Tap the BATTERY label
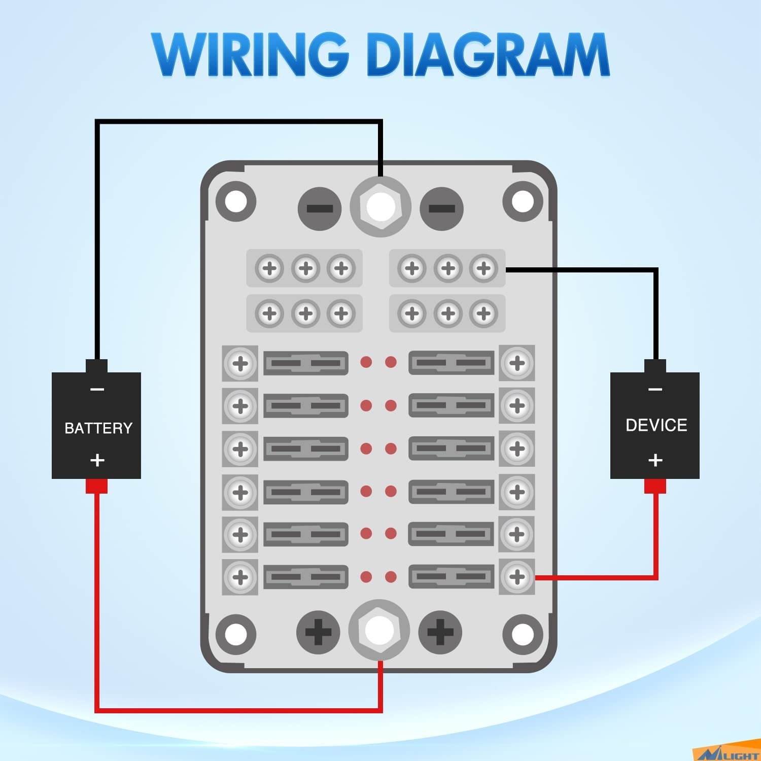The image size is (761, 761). (98, 428)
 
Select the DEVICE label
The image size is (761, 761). (656, 425)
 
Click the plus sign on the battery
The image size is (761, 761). (97, 460)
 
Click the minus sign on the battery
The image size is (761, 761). (97, 390)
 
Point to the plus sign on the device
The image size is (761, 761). (655, 460)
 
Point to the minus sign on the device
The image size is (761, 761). (655, 390)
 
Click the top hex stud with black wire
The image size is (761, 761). (380, 206)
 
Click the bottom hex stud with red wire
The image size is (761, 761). (379, 631)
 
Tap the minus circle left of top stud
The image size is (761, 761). (319, 209)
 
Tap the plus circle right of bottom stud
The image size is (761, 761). (440, 632)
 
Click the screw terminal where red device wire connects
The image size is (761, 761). (517, 577)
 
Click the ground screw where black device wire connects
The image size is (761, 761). (483, 268)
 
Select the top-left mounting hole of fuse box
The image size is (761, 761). (235, 201)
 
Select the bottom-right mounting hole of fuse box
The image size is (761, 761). (523, 634)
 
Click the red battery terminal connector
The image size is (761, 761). (96, 487)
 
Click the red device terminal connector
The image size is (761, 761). (655, 487)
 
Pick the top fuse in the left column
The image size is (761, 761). (305, 363)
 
